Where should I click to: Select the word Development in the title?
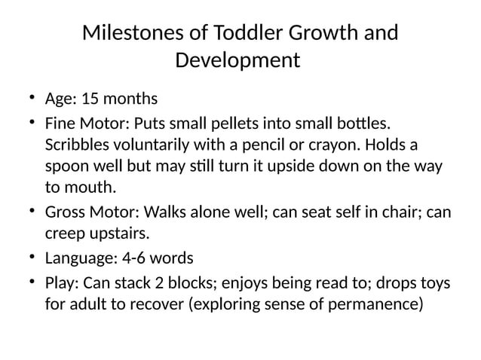[237, 59]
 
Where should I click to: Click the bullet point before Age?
[32, 98]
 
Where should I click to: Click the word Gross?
[66, 213]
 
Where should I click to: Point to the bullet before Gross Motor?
[32, 212]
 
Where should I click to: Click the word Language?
[79, 259]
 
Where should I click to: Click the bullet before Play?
[32, 282]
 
